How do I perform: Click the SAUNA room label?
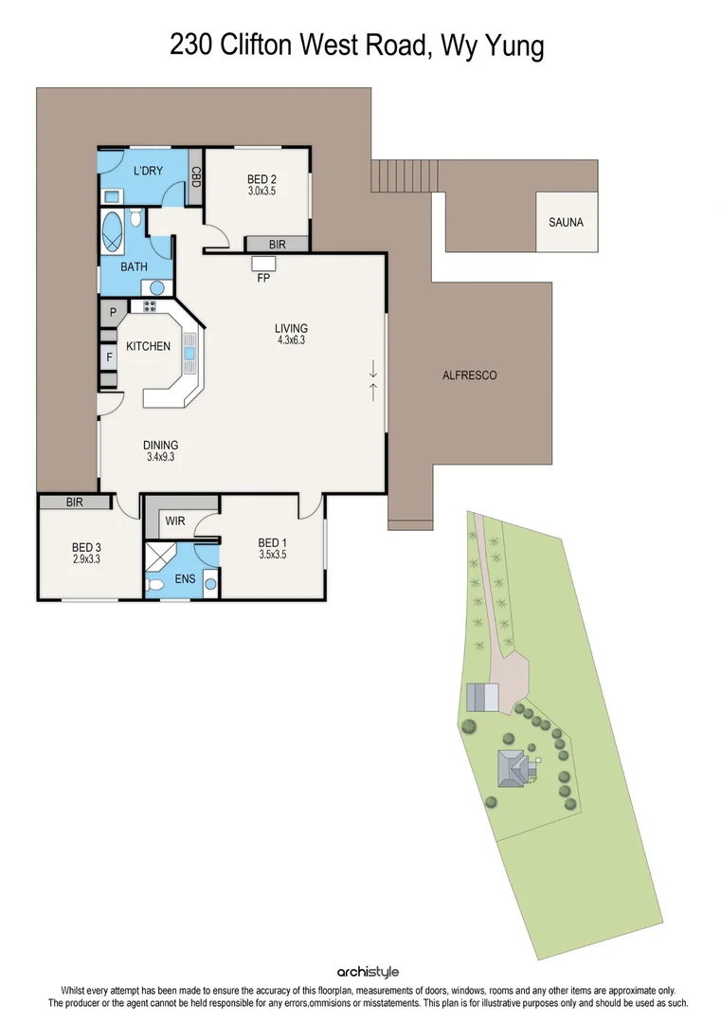[566, 223]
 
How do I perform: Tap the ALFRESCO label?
[469, 375]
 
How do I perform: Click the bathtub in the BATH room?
[112, 231]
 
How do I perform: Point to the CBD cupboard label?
[196, 176]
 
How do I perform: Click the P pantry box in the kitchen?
[111, 312]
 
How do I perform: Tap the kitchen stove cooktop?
[149, 306]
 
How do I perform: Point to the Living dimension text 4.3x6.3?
[291, 340]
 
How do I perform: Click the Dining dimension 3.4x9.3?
[161, 457]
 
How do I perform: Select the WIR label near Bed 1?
[173, 521]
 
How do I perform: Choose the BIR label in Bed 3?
[75, 503]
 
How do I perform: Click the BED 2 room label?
[261, 178]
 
